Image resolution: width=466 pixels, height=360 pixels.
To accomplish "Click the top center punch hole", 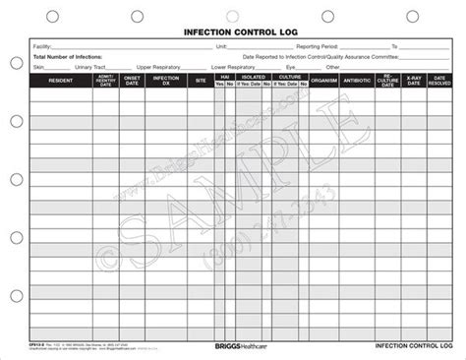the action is coord(234,13).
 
